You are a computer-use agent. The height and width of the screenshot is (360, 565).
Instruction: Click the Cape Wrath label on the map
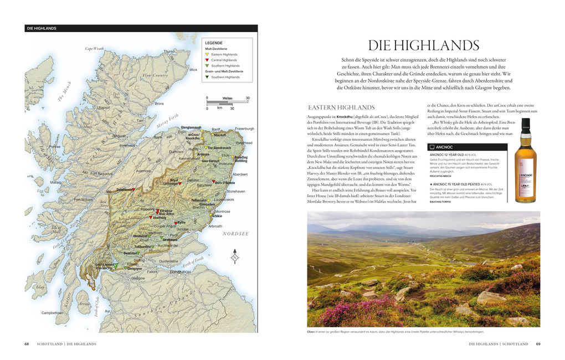tap(94, 49)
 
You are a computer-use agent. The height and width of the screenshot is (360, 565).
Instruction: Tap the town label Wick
tap(193, 70)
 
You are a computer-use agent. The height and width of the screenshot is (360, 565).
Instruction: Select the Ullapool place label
tap(104, 107)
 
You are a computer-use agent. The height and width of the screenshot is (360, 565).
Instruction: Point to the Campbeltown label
tap(52, 312)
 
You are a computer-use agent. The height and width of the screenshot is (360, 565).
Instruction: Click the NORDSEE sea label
tap(235, 234)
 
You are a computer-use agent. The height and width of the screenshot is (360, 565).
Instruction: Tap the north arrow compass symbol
tap(234, 257)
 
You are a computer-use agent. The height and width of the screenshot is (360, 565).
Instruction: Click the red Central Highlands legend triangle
tap(207, 60)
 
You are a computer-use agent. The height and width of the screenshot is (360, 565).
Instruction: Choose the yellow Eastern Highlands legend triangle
tap(207, 54)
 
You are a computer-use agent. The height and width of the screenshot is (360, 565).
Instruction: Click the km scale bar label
tap(219, 108)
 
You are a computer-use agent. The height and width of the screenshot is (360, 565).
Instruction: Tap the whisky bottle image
tap(525, 161)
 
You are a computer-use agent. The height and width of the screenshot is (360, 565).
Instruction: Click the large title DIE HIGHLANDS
tap(424, 45)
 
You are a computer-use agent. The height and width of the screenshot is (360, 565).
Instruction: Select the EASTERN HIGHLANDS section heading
tap(341, 107)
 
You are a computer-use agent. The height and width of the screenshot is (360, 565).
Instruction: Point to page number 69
tap(538, 344)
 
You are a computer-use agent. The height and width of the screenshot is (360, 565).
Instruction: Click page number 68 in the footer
tap(27, 344)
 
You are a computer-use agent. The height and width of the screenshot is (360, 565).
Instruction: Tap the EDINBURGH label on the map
tap(181, 272)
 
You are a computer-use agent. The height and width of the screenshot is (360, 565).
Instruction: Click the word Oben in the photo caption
tap(311, 332)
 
